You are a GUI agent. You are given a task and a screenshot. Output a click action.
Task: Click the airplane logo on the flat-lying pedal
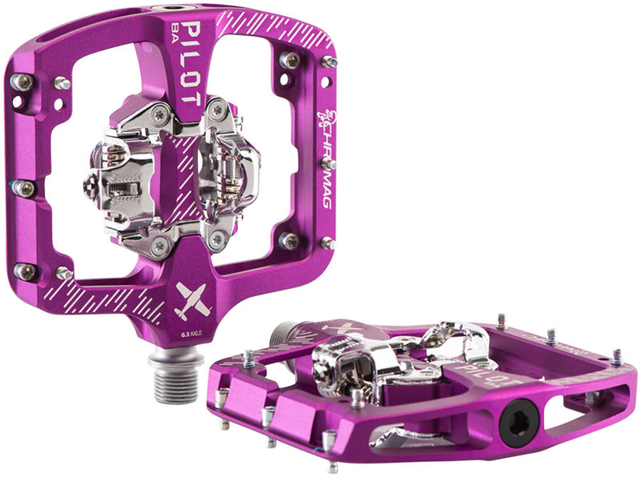point(337,329)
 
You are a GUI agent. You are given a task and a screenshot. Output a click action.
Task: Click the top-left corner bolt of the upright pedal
point(22,82)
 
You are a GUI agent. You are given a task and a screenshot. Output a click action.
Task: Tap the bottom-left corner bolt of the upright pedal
point(26,272)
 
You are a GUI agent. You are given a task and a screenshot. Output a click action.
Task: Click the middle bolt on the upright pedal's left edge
point(24,189)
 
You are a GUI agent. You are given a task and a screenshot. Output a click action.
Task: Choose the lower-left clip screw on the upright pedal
point(158,245)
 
